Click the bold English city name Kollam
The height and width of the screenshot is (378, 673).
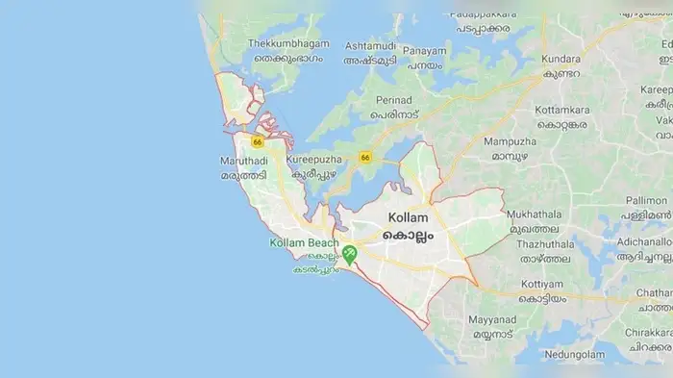click(x=409, y=218)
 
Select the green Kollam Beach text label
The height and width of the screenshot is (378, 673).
click(x=304, y=242)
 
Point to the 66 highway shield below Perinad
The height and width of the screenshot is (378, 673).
click(x=364, y=157)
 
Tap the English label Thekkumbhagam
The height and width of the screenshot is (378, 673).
click(x=288, y=44)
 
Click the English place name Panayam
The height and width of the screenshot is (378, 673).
click(x=424, y=50)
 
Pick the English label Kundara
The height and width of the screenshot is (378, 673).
click(x=561, y=58)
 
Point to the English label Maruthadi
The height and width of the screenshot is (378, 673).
click(x=241, y=162)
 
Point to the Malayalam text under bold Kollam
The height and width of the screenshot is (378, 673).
click(x=409, y=235)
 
